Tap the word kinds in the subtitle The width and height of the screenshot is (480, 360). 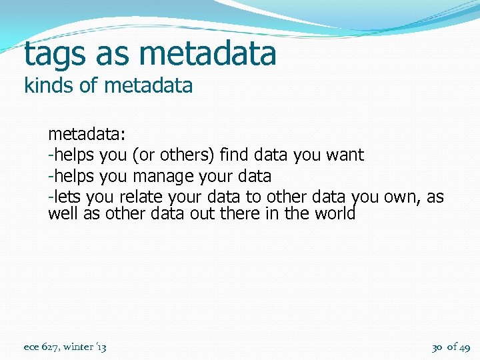pyautogui.click(x=45, y=86)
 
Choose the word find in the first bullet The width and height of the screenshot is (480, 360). pyautogui.click(x=233, y=155)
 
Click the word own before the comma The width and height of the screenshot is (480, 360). pyautogui.click(x=403, y=198)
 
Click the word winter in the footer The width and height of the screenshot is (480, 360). pyautogui.click(x=79, y=347)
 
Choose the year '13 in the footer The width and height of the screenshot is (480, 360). pyautogui.click(x=101, y=347)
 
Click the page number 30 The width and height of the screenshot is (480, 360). pyautogui.click(x=437, y=347)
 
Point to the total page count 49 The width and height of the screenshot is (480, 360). pyautogui.click(x=464, y=347)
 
